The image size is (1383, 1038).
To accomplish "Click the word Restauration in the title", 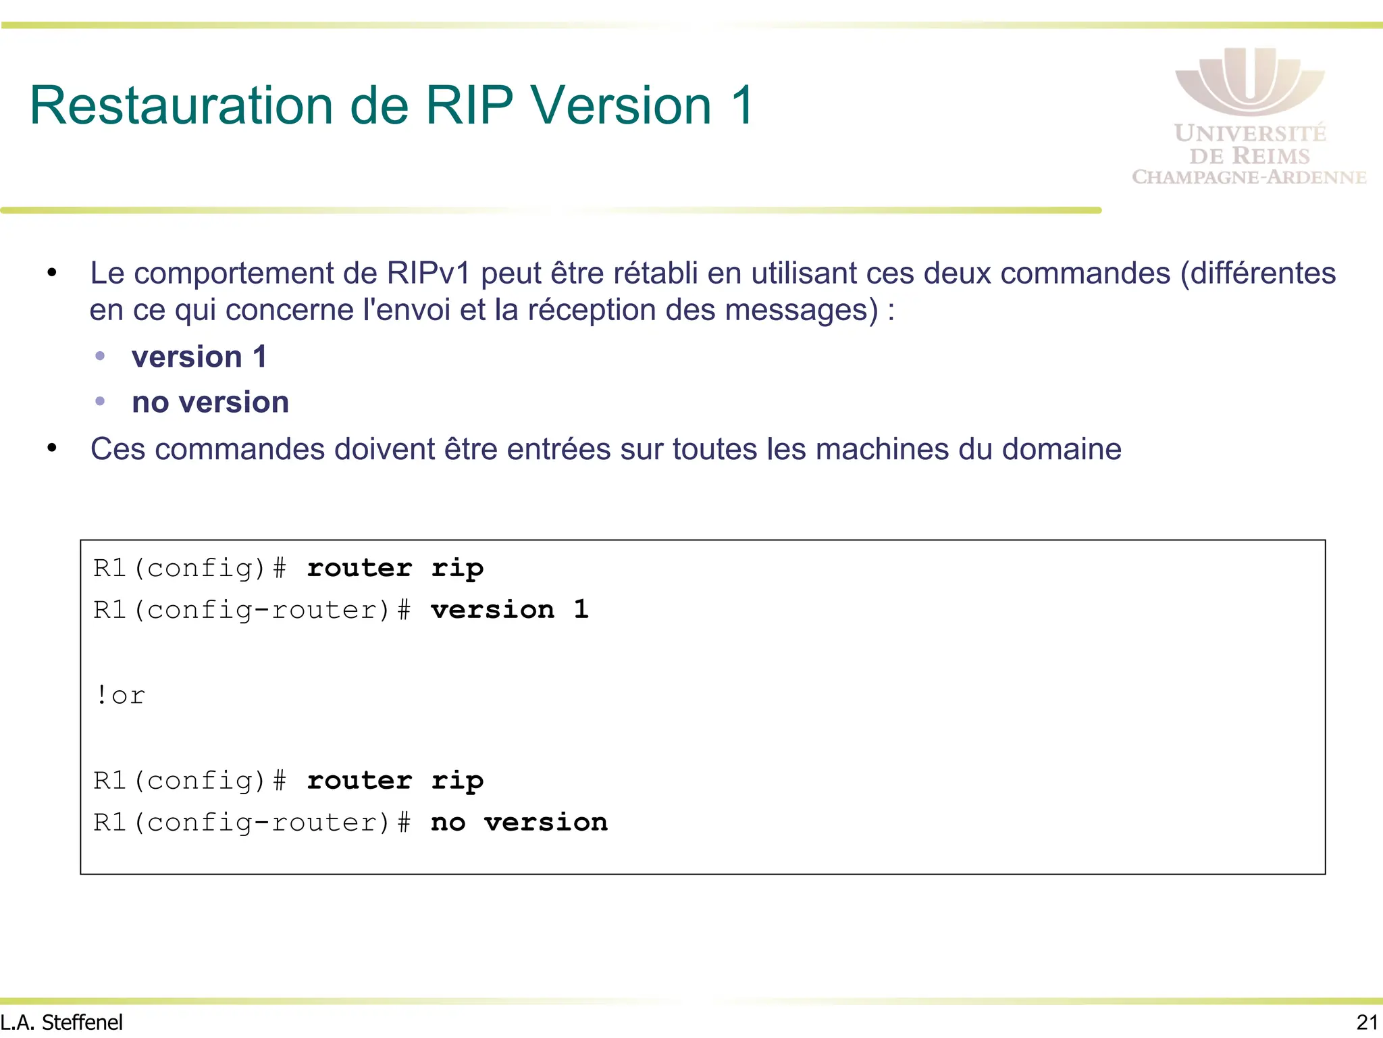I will tap(181, 106).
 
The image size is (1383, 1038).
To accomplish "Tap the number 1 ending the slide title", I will tap(742, 106).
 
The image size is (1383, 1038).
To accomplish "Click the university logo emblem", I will tap(1249, 81).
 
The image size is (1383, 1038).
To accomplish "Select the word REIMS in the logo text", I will tap(1270, 156).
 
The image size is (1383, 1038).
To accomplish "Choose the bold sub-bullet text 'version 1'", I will tap(199, 357).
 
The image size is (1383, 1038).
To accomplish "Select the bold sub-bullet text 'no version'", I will tap(210, 403).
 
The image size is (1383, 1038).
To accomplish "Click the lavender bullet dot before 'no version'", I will tap(100, 401).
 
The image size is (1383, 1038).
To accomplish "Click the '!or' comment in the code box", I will tap(120, 696).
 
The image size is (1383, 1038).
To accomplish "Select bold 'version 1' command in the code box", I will tap(510, 610).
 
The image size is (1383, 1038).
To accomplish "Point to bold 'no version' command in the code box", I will tap(519, 823).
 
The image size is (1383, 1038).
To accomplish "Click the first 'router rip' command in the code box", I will tap(395, 568).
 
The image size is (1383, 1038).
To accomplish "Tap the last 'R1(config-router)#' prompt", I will tap(252, 823).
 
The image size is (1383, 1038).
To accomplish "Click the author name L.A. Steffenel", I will tap(61, 1022).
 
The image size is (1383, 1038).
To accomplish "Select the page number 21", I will tap(1367, 1022).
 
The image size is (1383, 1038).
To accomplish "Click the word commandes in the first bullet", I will tap(1085, 274).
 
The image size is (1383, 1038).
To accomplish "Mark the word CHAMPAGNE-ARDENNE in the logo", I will tap(1249, 178).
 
